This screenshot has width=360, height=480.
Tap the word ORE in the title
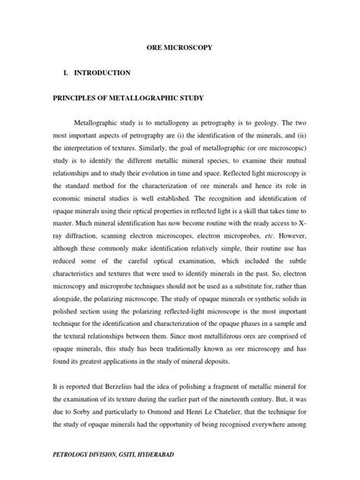[x=153, y=48]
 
